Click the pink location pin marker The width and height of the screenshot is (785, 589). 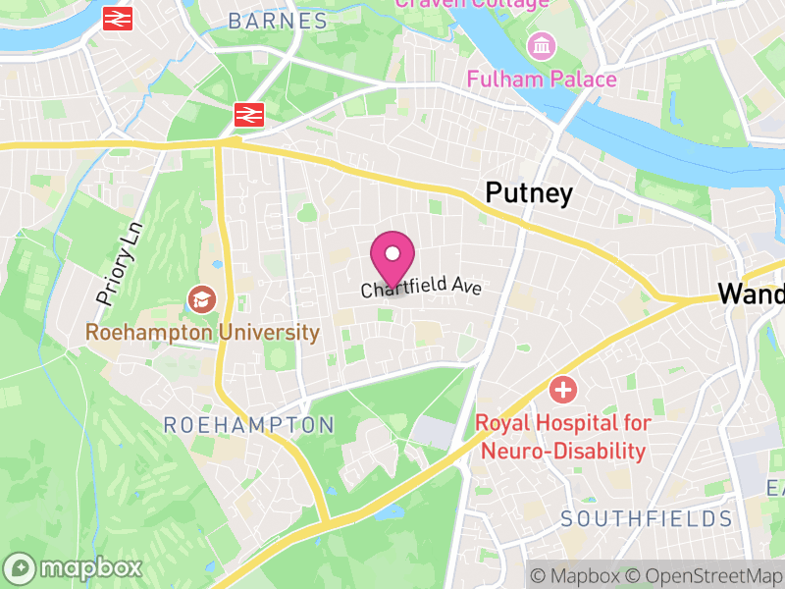click(392, 257)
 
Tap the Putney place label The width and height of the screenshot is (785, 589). click(529, 193)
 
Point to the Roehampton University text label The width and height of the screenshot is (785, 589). click(202, 333)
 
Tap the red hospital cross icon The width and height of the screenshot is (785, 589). click(563, 391)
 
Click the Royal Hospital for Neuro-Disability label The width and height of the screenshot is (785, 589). click(563, 437)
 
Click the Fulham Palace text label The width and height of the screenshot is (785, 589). click(542, 80)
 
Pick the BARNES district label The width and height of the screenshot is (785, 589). click(278, 21)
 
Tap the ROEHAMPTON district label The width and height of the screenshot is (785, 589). click(248, 425)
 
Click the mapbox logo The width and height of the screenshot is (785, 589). click(75, 567)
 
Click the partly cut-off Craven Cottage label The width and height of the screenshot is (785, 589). click(471, 5)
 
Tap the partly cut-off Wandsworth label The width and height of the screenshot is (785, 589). click(751, 293)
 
